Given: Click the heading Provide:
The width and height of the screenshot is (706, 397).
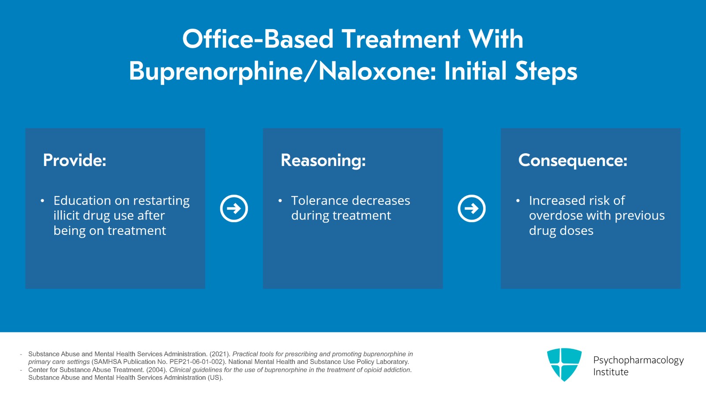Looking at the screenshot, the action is (x=75, y=160).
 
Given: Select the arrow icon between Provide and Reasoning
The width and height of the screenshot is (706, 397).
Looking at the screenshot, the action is (x=234, y=208).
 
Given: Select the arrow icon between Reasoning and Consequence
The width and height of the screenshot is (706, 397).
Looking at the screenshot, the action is (x=472, y=208).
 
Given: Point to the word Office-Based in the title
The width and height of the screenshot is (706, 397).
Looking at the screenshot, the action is (x=258, y=39).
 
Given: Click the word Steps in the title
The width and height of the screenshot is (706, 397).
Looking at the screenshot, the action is (x=546, y=72).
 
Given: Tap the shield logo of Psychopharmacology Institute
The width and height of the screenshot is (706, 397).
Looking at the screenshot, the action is (x=564, y=364).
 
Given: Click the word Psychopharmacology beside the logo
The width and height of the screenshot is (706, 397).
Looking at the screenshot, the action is (x=638, y=360).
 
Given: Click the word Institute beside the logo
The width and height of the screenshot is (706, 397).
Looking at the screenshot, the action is (x=611, y=372).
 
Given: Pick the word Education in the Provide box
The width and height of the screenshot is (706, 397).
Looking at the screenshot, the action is (x=82, y=200).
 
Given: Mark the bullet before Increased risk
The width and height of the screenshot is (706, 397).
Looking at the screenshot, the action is (x=518, y=200).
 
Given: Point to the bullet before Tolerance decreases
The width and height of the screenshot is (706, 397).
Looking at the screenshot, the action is (x=280, y=200).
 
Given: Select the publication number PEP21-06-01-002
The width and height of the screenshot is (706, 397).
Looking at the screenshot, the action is (x=196, y=362).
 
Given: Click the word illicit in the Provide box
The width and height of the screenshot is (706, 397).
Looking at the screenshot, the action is (x=66, y=216).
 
